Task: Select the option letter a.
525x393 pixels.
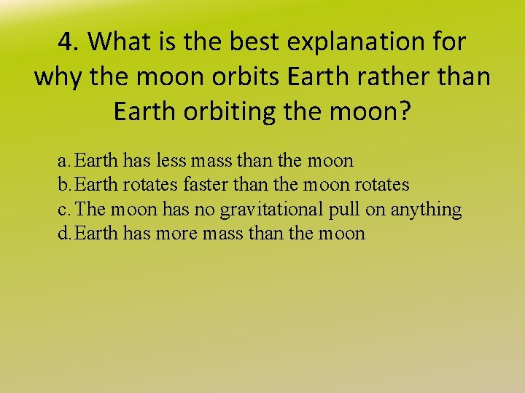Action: [63, 160]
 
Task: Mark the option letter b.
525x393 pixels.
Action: [63, 185]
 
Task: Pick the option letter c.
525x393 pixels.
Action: [63, 210]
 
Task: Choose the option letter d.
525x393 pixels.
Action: [63, 234]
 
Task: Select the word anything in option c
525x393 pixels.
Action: [426, 210]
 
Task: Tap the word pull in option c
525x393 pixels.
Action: [346, 210]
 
